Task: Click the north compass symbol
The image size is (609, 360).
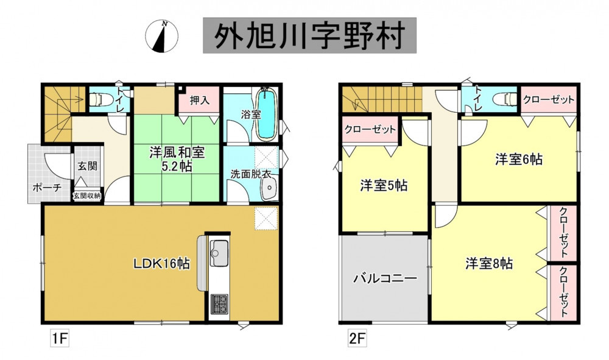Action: (x=161, y=37)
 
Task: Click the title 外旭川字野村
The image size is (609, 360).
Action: (x=309, y=35)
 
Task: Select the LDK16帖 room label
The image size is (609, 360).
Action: (x=162, y=264)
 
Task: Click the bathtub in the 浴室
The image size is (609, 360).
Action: (x=267, y=113)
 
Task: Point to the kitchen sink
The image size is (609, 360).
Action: (x=219, y=253)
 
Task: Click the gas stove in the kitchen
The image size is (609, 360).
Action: (x=219, y=304)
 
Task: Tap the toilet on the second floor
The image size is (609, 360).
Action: (x=505, y=99)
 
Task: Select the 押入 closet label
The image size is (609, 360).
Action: (x=200, y=101)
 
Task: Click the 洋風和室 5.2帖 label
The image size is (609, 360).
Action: (x=177, y=159)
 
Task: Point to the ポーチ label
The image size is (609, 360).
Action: (x=47, y=188)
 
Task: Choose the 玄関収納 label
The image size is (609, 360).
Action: (x=87, y=196)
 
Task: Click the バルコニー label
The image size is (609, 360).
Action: (x=385, y=278)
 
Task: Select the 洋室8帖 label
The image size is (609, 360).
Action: (x=489, y=264)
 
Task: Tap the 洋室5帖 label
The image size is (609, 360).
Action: (x=384, y=186)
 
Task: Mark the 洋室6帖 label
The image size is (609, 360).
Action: (x=519, y=159)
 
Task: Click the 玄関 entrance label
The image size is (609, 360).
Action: (x=87, y=166)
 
